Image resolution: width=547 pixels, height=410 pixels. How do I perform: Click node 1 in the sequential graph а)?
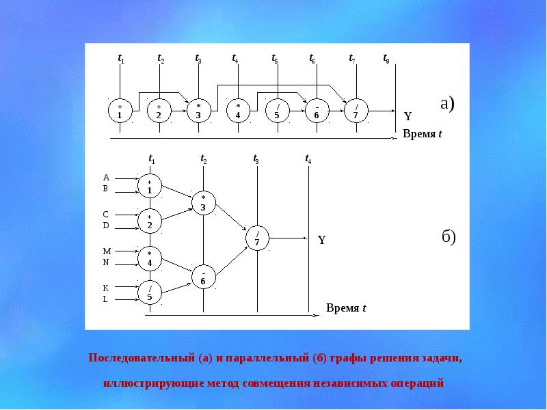click(x=120, y=111)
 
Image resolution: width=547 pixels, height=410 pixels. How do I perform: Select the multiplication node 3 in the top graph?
click(x=198, y=111)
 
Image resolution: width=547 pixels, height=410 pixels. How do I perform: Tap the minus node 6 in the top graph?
click(x=317, y=111)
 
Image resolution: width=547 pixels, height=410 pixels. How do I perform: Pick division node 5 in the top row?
click(x=277, y=111)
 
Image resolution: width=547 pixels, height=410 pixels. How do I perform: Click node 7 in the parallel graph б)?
click(x=257, y=237)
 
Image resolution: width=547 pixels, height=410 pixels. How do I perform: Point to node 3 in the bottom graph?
click(x=203, y=202)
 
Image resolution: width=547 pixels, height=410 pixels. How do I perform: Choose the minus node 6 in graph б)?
click(x=203, y=277)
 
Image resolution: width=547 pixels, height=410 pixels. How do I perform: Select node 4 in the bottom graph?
click(x=149, y=258)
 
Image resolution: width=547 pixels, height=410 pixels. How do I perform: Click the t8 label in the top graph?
click(x=386, y=59)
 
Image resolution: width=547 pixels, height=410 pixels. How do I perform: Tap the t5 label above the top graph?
click(x=275, y=59)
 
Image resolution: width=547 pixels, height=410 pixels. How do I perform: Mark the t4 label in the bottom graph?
click(x=308, y=159)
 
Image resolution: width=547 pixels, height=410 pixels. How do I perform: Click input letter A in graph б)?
click(x=106, y=178)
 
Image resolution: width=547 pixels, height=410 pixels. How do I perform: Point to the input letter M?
click(x=106, y=251)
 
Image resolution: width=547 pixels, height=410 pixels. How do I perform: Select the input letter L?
click(x=106, y=299)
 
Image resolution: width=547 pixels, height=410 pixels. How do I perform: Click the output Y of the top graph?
click(x=408, y=117)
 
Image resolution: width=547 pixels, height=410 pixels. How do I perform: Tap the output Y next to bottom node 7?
click(x=321, y=241)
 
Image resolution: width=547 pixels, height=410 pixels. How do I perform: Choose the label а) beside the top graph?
click(x=447, y=104)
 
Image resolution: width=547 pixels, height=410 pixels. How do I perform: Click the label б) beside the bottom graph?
click(x=448, y=237)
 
